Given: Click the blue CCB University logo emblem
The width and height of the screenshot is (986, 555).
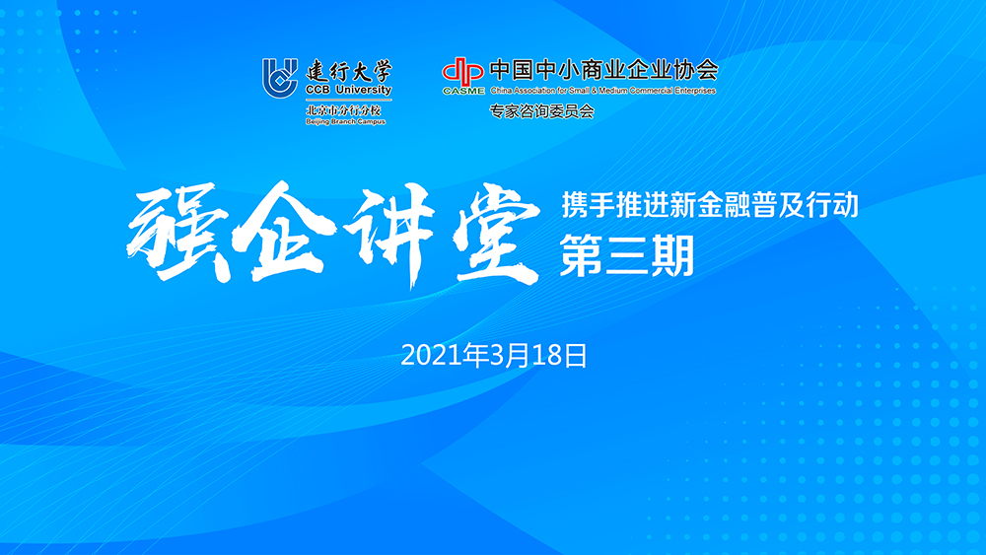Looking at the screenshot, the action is (280, 78).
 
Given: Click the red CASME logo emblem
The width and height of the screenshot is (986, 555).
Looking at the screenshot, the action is (462, 72).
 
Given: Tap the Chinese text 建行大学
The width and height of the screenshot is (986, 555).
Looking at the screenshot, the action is (348, 71).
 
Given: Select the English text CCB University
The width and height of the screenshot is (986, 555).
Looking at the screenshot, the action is (348, 90).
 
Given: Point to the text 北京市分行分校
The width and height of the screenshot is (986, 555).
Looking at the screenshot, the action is (343, 110).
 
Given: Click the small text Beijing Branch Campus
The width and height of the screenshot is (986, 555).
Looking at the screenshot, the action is (345, 121).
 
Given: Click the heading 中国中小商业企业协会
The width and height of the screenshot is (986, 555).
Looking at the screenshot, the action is (603, 70).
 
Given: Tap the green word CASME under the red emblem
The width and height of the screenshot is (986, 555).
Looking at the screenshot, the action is (463, 91).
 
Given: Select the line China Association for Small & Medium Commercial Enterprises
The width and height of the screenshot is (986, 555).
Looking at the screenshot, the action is (603, 91).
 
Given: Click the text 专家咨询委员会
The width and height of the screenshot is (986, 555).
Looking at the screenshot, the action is (542, 111).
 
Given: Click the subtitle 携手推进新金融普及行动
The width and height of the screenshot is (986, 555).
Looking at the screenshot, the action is (710, 205).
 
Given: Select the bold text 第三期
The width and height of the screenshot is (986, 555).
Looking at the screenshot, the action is (627, 256).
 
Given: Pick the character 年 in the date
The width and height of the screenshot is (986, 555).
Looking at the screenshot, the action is (475, 355).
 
